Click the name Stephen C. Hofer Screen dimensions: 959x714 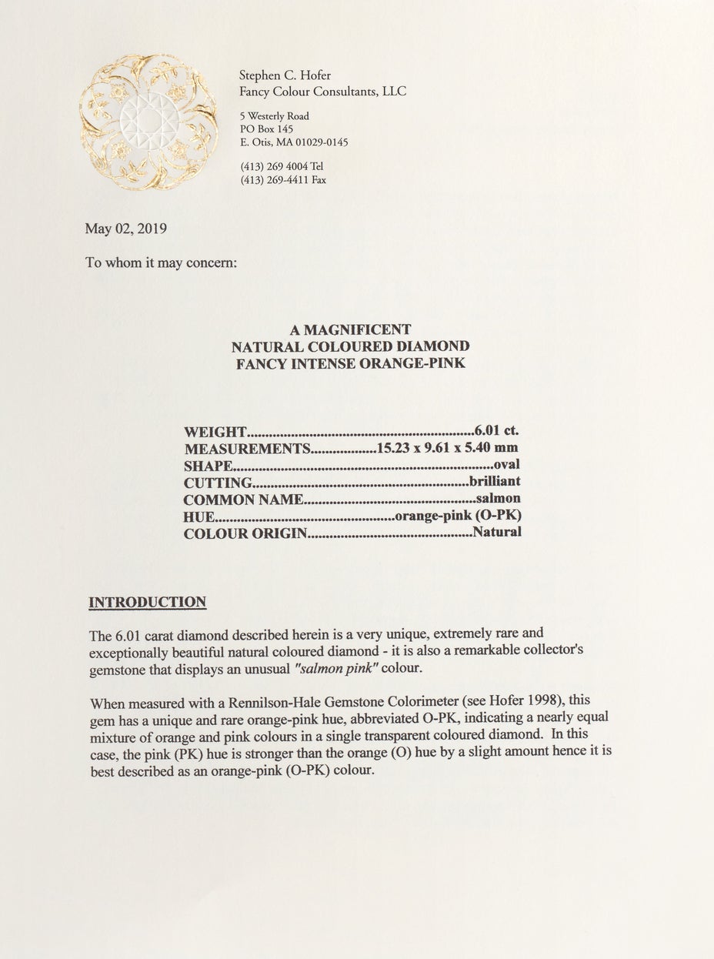pyautogui.click(x=285, y=75)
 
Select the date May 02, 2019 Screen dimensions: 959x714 pyautogui.click(x=125, y=229)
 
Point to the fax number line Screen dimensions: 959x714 pyautogui.click(x=283, y=180)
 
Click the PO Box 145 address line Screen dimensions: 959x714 pyautogui.click(x=266, y=129)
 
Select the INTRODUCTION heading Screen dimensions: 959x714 pyautogui.click(x=147, y=602)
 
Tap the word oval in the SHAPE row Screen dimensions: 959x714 pyautogui.click(x=507, y=464)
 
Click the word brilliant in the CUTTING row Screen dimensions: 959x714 pyautogui.click(x=495, y=481)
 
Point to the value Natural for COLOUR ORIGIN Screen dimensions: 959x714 pyautogui.click(x=497, y=531)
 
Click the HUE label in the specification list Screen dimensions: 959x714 pyautogui.click(x=200, y=516)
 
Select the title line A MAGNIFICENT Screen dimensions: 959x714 pyautogui.click(x=350, y=329)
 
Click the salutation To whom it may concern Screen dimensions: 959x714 pyautogui.click(x=161, y=262)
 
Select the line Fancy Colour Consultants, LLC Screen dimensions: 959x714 pyautogui.click(x=323, y=92)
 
